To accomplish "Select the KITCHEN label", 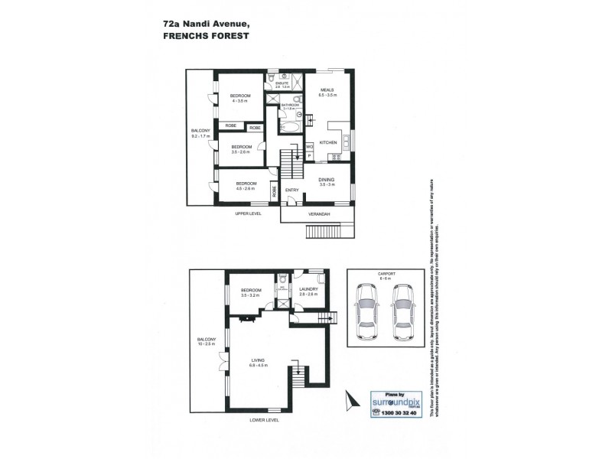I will point(328,143).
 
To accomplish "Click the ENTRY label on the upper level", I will point(292,190).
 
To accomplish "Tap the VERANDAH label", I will point(318,214).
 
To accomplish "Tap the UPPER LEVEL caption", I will point(248,213).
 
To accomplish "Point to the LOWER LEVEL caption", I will point(263,420).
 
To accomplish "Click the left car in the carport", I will point(367,315).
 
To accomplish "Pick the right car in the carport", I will point(402,315).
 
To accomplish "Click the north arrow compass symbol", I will point(351,399).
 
